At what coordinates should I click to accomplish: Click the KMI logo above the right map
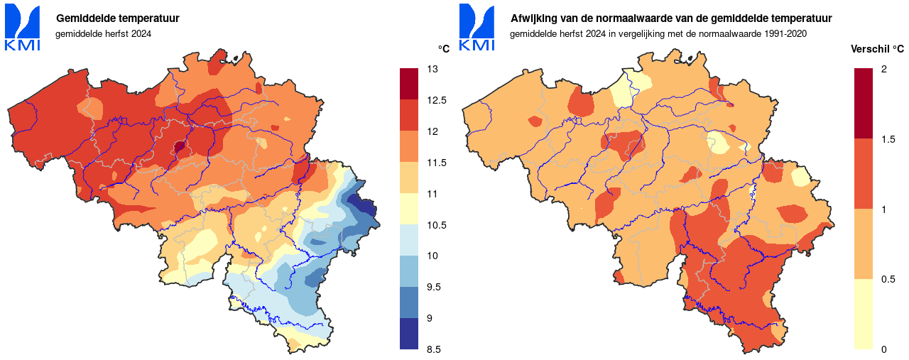[x=477, y=27]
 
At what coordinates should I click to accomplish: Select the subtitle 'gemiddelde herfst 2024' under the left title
[x=103, y=33]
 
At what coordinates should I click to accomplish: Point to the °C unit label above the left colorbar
[x=443, y=48]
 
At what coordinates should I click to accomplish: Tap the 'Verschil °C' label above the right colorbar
[x=877, y=48]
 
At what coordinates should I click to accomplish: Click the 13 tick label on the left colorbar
[x=432, y=69]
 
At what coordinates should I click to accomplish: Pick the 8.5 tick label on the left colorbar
[x=434, y=349]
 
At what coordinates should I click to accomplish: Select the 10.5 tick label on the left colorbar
[x=437, y=225]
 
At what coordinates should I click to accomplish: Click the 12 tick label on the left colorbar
[x=432, y=131]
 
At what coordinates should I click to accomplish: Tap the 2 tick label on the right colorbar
[x=883, y=69]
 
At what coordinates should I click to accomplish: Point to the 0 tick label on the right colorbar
[x=883, y=349]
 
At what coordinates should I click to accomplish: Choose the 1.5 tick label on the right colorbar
[x=887, y=139]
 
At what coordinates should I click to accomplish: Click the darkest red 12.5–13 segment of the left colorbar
[x=409, y=84]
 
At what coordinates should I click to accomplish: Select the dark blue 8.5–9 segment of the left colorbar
[x=409, y=334]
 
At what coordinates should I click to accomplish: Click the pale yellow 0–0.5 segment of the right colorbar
[x=863, y=314]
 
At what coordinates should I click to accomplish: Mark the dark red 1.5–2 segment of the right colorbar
[x=863, y=103]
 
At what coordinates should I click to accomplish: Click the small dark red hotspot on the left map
[x=180, y=147]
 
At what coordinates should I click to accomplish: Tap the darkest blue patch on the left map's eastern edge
[x=366, y=207]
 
